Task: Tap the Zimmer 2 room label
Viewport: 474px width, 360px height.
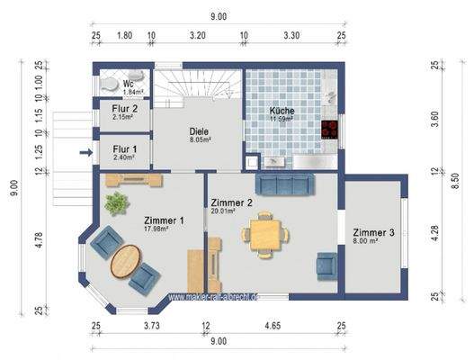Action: [230, 202]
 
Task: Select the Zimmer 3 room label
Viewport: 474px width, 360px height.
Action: [371, 232]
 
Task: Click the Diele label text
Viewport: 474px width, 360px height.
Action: [199, 131]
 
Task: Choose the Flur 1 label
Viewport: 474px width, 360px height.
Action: [124, 149]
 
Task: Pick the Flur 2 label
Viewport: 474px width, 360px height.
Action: [124, 110]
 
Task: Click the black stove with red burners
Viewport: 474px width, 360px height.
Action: [329, 130]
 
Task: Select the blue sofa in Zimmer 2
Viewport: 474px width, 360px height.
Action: [284, 184]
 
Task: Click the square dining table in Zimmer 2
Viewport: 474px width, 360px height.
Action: [264, 235]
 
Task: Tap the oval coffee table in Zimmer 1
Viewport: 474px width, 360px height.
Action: [126, 263]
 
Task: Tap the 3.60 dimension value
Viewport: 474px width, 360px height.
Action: [434, 118]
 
